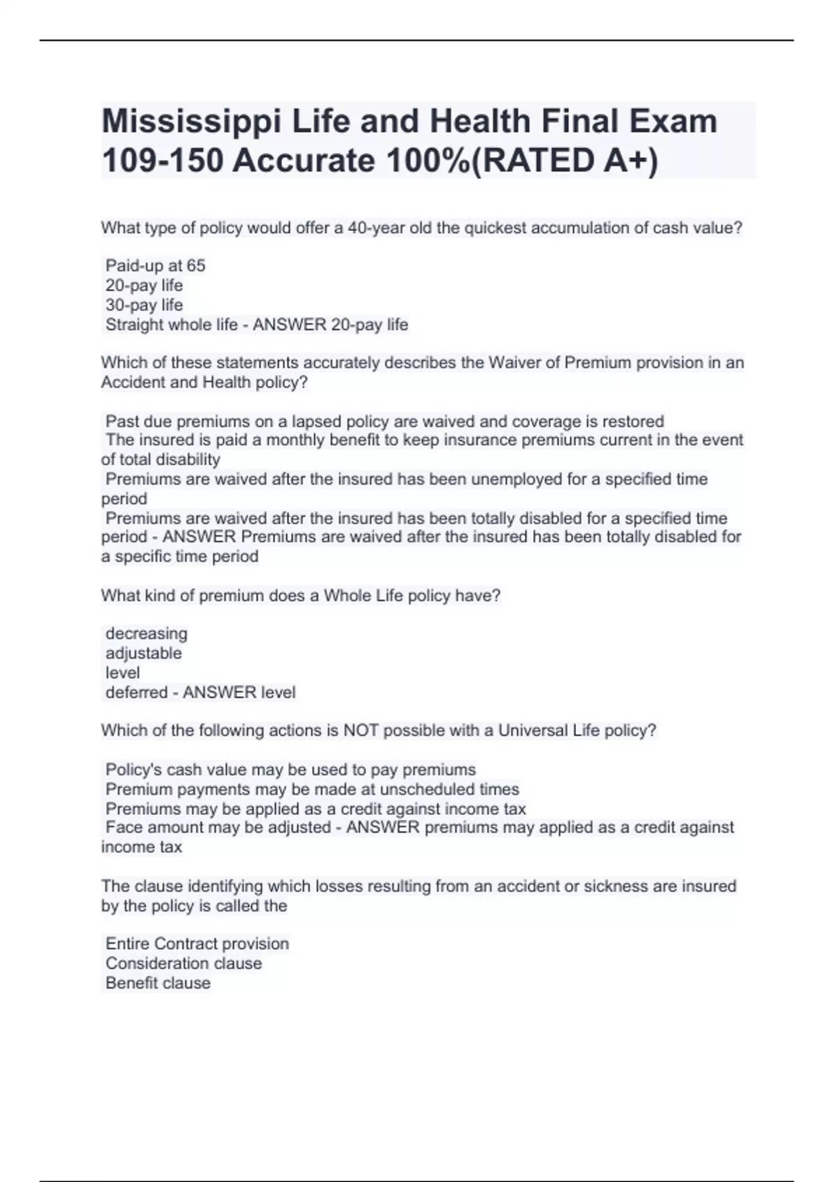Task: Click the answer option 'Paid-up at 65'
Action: (155, 266)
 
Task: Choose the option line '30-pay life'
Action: (144, 305)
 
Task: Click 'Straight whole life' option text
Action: (171, 325)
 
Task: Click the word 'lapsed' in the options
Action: (316, 421)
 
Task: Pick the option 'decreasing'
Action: (146, 633)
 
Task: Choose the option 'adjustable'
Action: (143, 653)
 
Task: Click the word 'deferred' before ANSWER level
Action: (136, 693)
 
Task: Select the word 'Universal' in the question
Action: (533, 731)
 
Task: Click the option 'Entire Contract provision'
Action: (197, 944)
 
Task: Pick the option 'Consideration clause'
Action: (183, 963)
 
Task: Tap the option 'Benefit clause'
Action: (158, 983)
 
